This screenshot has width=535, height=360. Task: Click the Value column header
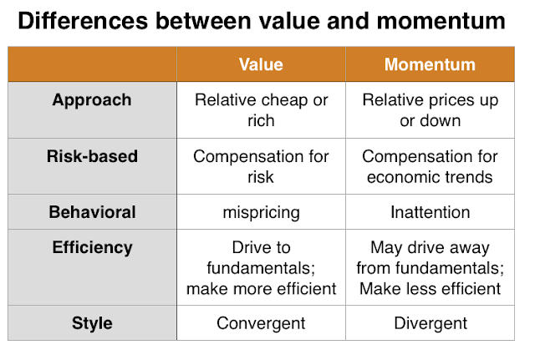tap(261, 64)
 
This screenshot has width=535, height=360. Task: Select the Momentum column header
tap(430, 64)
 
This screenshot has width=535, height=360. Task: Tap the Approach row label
tap(92, 100)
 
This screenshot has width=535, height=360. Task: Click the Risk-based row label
tap(92, 156)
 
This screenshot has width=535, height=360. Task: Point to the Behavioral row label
tap(92, 212)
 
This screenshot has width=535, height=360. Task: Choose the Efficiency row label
tap(92, 248)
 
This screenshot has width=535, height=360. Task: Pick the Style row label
tap(92, 323)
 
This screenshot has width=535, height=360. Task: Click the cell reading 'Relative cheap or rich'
tap(261, 110)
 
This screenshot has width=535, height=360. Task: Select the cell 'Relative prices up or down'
tap(430, 110)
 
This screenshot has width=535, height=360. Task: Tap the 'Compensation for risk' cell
tap(261, 166)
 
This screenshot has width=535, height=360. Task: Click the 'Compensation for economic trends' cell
tap(430, 166)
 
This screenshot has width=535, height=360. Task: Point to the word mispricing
tap(261, 212)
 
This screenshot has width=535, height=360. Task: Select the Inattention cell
tap(430, 212)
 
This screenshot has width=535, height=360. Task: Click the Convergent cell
tap(261, 323)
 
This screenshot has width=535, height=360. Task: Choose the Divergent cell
tap(430, 323)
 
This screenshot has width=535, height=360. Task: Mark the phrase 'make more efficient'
tap(261, 289)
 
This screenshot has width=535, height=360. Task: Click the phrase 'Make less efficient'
tap(430, 289)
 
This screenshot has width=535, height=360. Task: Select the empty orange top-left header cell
tap(92, 64)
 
